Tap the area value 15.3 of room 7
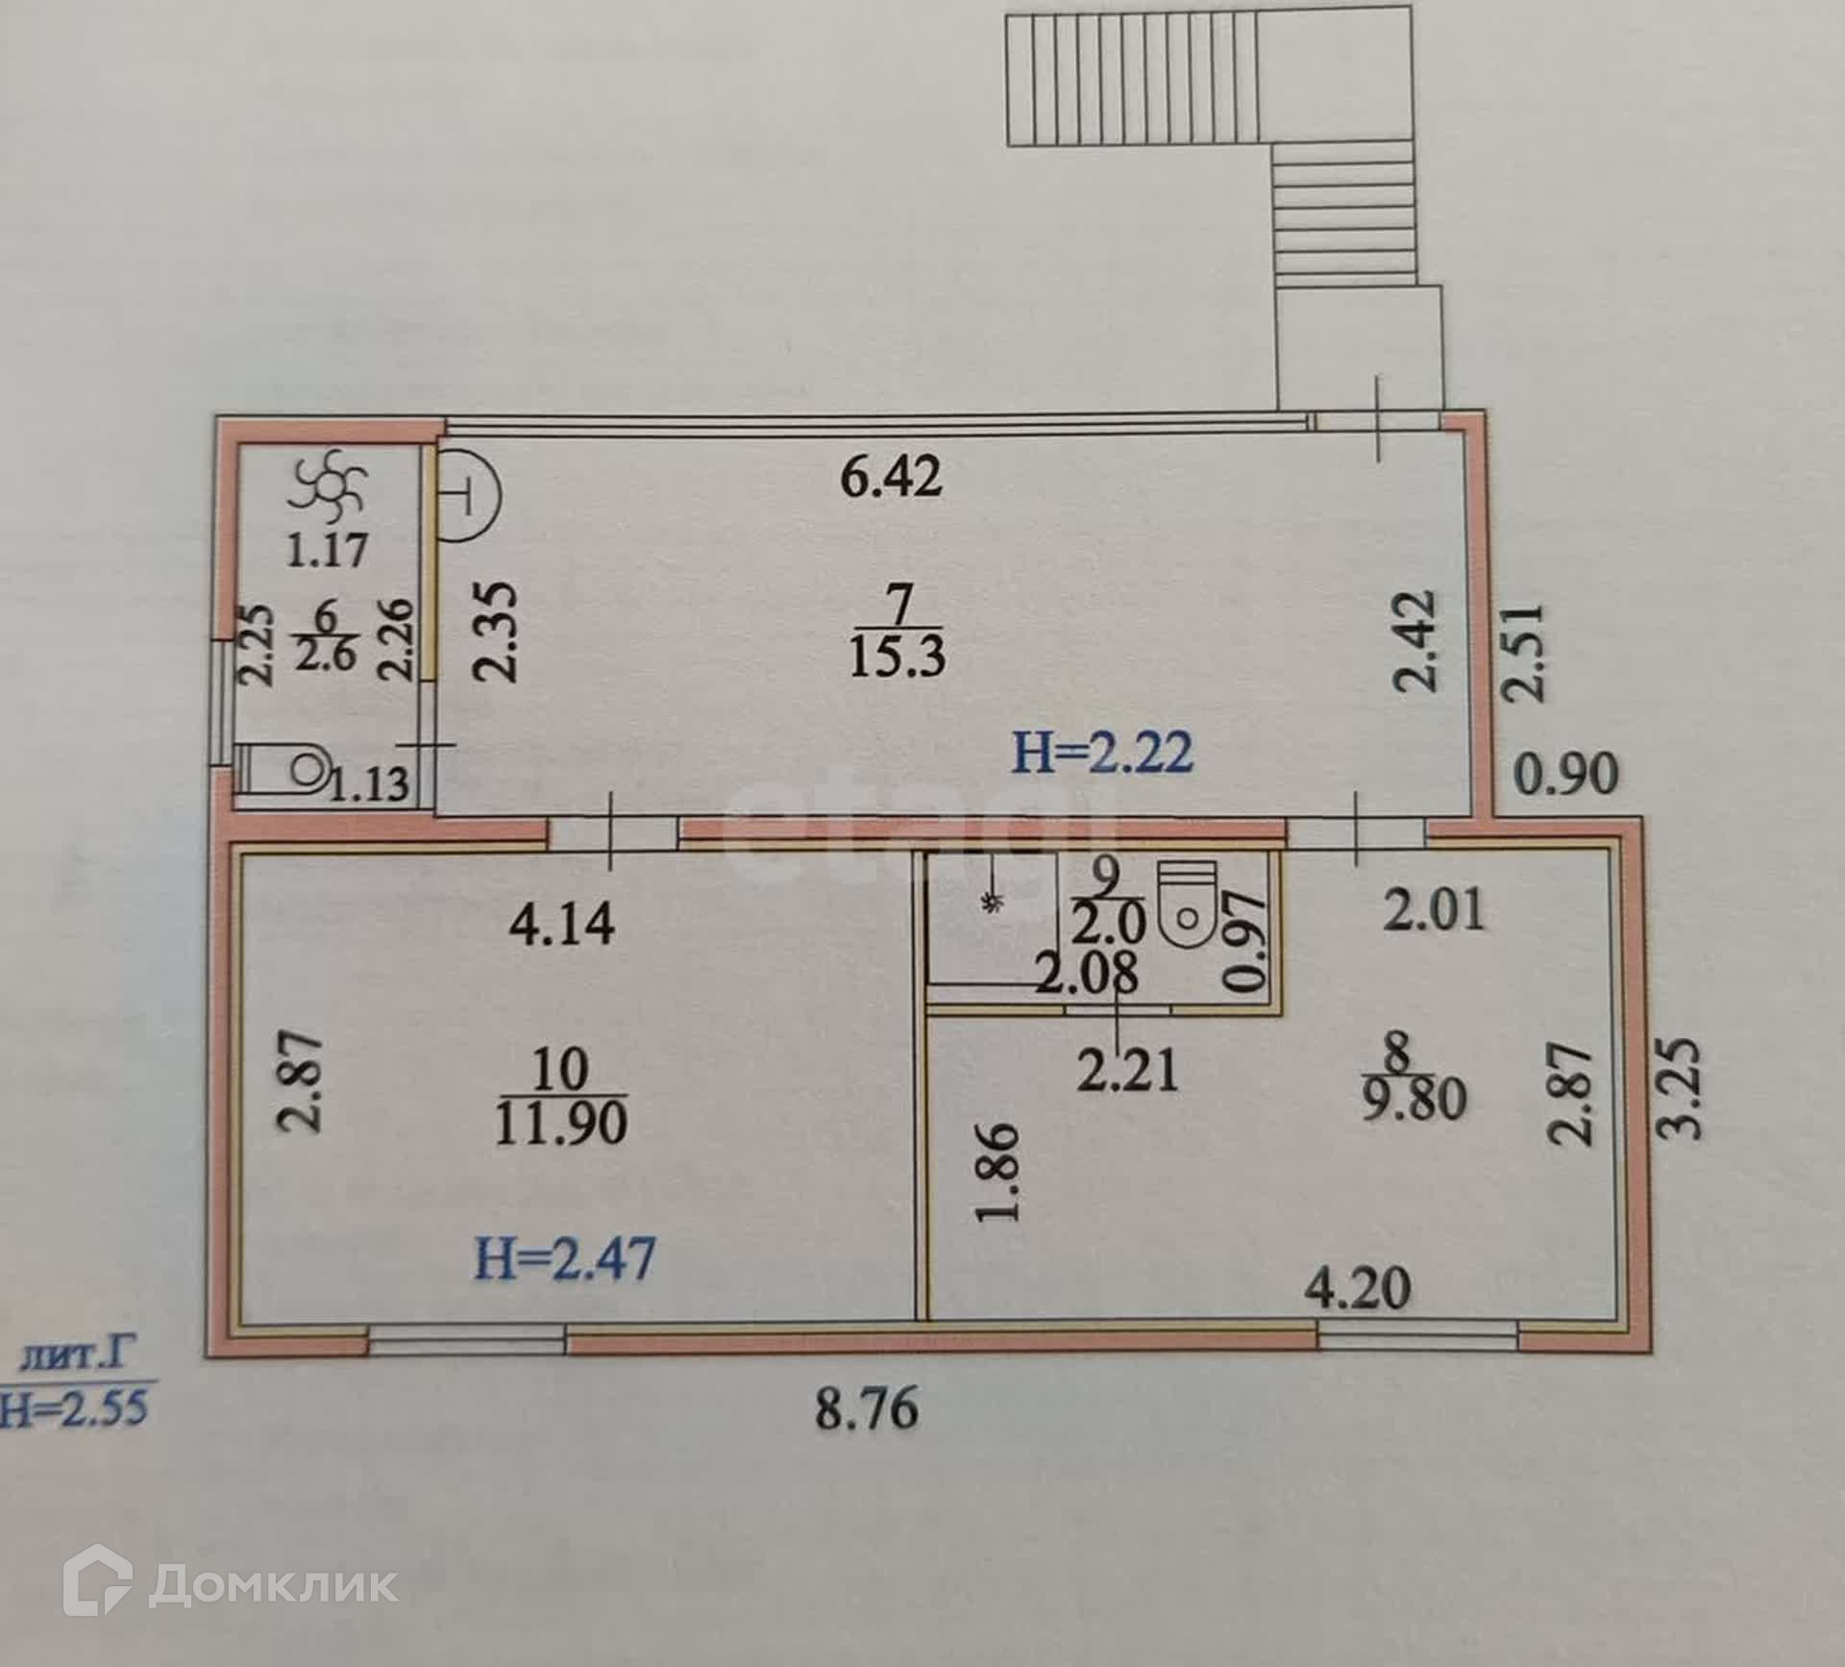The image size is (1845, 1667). click(898, 657)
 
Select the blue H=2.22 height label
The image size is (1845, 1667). click(1103, 752)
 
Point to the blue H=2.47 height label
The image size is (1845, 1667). click(565, 1258)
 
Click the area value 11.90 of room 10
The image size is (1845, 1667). click(561, 1123)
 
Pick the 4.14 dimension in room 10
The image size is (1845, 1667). click(561, 925)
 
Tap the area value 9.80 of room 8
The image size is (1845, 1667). click(1414, 1099)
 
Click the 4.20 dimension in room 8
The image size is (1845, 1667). click(1358, 1289)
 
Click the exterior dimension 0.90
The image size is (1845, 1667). click(1566, 774)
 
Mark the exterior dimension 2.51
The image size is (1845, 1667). click(1525, 652)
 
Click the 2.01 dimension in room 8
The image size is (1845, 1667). click(1434, 909)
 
